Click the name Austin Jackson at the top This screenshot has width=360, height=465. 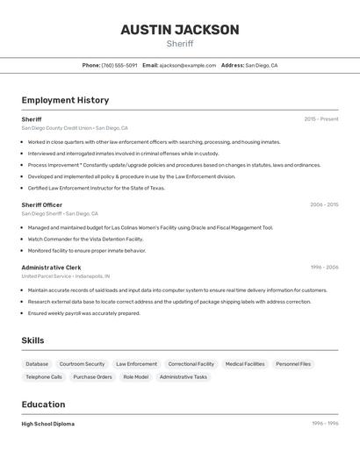click(x=179, y=30)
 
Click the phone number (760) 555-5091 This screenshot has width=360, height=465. click(x=119, y=65)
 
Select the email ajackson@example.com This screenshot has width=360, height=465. click(x=188, y=65)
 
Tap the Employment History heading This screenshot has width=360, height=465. click(x=65, y=100)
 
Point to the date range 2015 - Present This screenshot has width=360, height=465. click(x=321, y=119)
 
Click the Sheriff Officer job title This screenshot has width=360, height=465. click(x=41, y=204)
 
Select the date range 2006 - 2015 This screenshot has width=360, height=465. click(x=323, y=204)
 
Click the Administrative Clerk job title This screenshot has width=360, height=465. click(x=51, y=268)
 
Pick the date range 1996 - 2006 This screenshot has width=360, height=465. click(x=324, y=268)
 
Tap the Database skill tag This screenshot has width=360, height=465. click(x=37, y=364)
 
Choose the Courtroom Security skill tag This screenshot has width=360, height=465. click(x=82, y=364)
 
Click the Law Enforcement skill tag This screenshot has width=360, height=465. click(x=136, y=364)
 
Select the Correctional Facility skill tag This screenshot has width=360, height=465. click(x=191, y=364)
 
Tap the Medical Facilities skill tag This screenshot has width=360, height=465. click(x=245, y=364)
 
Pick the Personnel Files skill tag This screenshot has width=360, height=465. click(x=293, y=364)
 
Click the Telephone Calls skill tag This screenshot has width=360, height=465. click(x=44, y=377)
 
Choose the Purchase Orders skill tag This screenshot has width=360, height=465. click(x=92, y=377)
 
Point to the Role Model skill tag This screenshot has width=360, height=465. click(x=135, y=377)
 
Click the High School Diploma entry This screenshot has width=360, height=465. click(x=48, y=424)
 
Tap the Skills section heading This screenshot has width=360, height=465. click(x=32, y=340)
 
